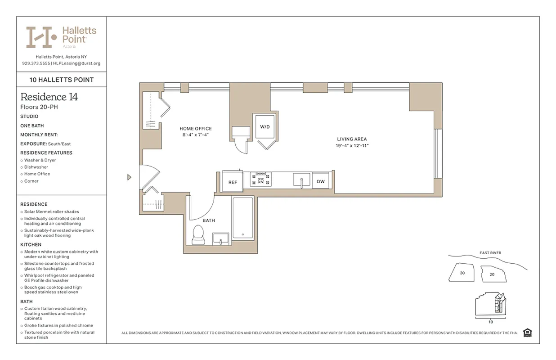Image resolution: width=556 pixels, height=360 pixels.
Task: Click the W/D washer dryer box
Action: (x=265, y=127)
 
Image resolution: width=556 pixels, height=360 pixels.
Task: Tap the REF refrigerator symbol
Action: (x=233, y=182)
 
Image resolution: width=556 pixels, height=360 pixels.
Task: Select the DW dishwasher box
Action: (x=320, y=181)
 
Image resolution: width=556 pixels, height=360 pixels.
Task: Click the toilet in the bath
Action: (x=198, y=235)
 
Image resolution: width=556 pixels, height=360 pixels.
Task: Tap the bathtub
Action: (x=243, y=218)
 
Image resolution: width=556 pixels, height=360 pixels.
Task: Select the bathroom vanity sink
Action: (x=221, y=238)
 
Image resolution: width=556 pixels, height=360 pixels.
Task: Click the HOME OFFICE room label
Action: (x=195, y=129)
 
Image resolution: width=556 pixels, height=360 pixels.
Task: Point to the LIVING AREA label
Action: (x=351, y=139)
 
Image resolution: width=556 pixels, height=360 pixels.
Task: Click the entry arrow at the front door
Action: (x=129, y=177)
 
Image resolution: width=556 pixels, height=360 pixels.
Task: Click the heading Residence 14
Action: (x=49, y=97)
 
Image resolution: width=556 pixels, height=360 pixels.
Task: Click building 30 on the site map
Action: (x=462, y=273)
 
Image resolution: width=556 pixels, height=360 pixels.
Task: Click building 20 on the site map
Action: (x=492, y=274)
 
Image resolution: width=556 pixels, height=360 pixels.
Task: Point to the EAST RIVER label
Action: (x=490, y=253)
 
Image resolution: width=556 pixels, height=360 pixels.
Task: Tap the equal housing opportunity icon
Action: (x=528, y=333)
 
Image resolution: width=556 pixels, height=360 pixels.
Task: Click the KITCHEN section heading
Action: (x=31, y=245)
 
